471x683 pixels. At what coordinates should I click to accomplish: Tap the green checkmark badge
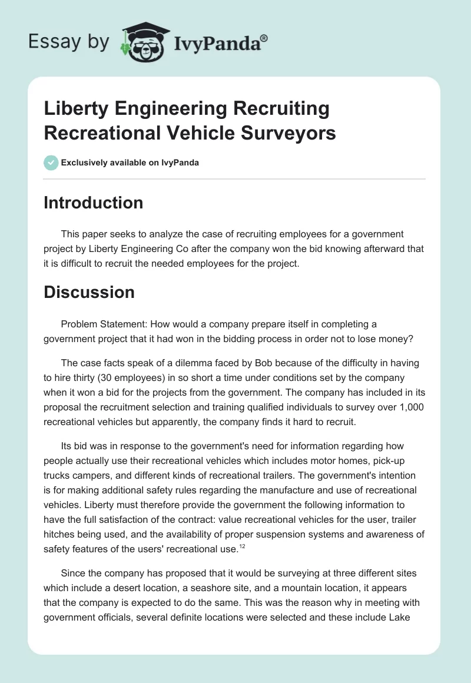coord(51,163)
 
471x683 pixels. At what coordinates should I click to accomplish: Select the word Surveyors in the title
coord(288,133)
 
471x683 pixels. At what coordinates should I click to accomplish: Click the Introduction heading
coord(94,203)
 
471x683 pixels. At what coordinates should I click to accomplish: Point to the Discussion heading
coord(89,292)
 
